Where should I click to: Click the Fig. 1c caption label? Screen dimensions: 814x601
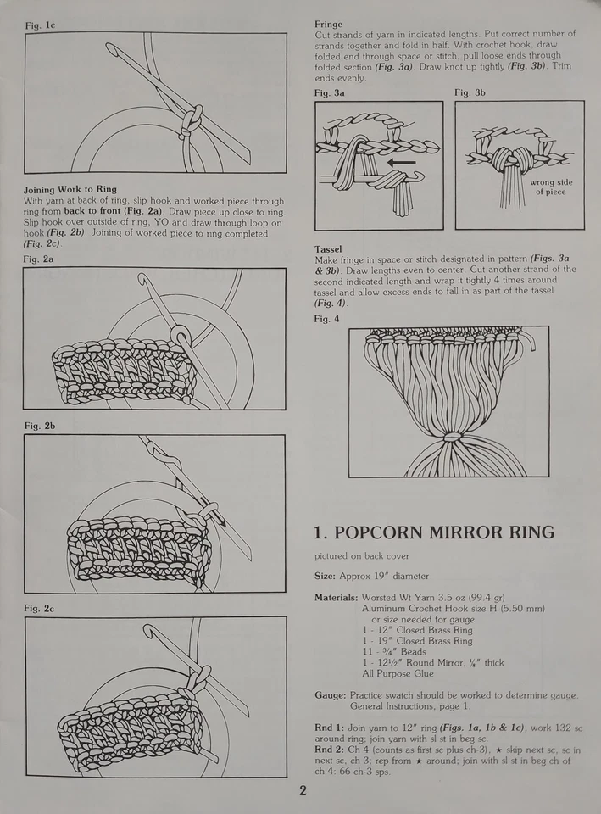(x=39, y=25)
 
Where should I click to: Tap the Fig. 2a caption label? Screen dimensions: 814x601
(x=39, y=259)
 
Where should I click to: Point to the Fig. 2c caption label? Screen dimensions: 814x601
(x=39, y=608)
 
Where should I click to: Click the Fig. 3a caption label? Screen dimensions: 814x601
(x=330, y=92)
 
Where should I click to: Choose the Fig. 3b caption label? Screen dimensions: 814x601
(x=470, y=92)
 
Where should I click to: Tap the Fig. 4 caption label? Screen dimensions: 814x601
(x=326, y=319)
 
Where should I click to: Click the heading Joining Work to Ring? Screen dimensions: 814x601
(x=70, y=188)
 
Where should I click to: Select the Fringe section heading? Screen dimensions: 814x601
(x=329, y=25)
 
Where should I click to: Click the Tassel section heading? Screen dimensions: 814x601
(x=328, y=249)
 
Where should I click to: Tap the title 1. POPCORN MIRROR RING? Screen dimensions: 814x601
(x=434, y=532)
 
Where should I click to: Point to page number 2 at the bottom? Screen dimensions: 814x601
(x=303, y=792)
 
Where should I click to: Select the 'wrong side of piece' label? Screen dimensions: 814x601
(x=551, y=187)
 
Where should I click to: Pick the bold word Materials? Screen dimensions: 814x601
(x=337, y=598)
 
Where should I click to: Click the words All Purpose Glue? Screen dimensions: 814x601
(x=398, y=674)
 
